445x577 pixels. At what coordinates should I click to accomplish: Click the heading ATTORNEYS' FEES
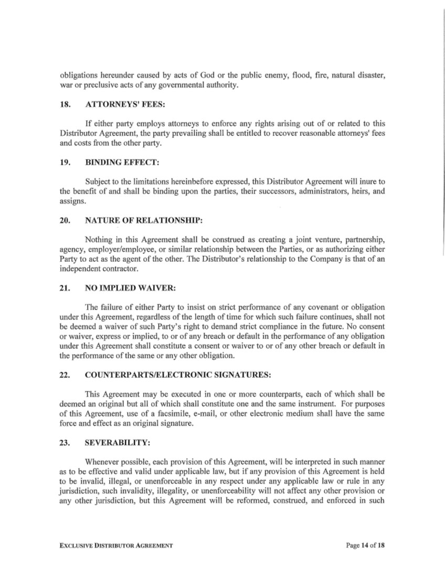click(125, 104)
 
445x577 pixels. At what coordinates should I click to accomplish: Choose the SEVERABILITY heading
click(118, 442)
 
